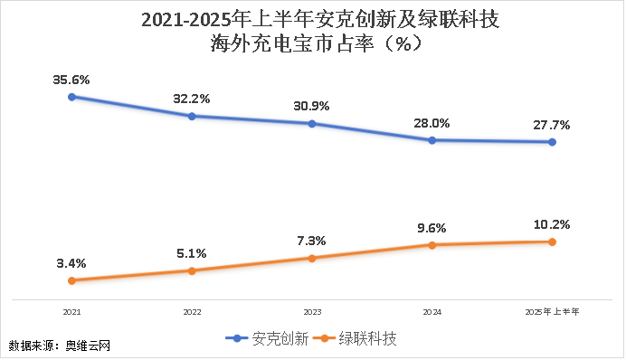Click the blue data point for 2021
[71, 96]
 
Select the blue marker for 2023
[311, 123]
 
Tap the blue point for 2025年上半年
[552, 142]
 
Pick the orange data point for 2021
[71, 280]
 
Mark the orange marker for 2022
[192, 270]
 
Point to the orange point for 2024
[432, 244]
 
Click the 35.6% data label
[71, 79]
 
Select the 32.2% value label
[191, 99]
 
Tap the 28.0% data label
[432, 123]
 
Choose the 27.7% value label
[552, 125]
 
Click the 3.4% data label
[71, 263]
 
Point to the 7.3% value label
[311, 241]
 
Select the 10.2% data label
[552, 224]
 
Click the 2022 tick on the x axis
[192, 311]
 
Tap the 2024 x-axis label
[432, 311]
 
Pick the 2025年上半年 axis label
[552, 311]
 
